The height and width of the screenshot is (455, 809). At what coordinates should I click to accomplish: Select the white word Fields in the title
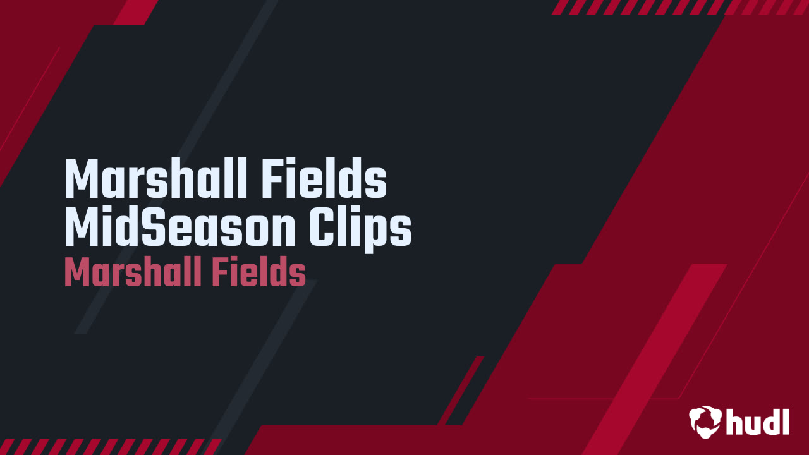324,178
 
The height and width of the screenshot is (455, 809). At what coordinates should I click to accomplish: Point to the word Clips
360,229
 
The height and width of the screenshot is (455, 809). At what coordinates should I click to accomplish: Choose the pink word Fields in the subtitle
259,272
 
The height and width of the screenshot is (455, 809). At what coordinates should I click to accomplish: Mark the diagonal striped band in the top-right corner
679,7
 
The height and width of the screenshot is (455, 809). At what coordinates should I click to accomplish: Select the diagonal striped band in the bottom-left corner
110,447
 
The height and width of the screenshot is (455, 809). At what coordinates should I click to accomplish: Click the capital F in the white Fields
272,178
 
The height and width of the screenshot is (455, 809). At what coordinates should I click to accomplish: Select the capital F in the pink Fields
219,272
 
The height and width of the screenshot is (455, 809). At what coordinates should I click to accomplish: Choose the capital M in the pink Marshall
76,272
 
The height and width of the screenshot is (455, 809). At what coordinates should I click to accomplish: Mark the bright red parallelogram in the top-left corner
136,12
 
